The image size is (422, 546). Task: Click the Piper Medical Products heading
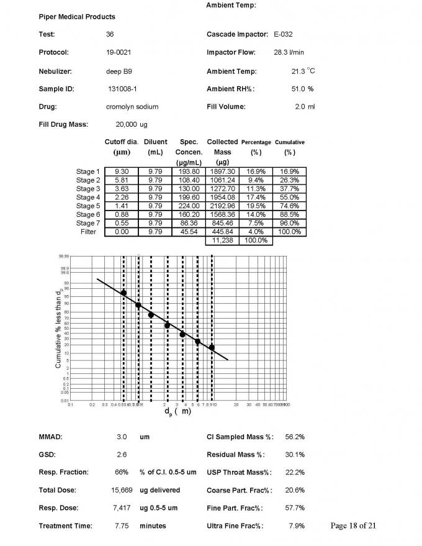coord(77,17)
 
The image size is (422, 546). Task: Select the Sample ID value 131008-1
coord(122,89)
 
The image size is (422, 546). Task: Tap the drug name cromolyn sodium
coord(132,107)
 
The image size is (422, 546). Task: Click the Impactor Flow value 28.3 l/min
coord(290,52)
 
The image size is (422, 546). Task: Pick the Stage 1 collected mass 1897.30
coord(222,171)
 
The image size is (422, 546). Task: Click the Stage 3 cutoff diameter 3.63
coord(122,189)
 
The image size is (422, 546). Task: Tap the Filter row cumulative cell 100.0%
coord(289,232)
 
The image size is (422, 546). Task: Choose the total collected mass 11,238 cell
coord(222,240)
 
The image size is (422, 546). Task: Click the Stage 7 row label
coord(88,223)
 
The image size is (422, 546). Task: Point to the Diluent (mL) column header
coord(155,147)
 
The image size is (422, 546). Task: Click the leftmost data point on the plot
coord(123,293)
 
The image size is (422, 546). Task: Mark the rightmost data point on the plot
coord(212,347)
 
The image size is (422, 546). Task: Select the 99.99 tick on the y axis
coord(64,255)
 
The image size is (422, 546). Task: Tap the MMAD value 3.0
coord(122,437)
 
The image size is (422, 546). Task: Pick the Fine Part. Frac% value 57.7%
coord(294,508)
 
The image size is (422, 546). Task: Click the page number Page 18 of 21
coord(354,526)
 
